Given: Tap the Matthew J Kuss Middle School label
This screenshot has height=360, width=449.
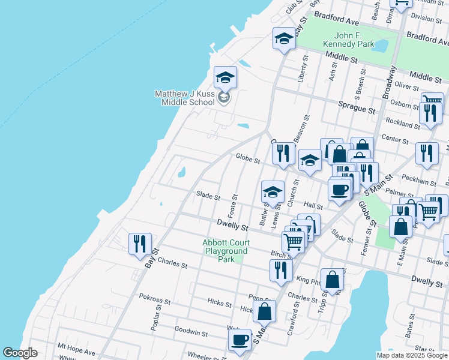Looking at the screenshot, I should (x=184, y=98).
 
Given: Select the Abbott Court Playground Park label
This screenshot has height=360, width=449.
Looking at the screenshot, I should (x=225, y=251).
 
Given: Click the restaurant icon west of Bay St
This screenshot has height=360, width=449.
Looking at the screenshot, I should (x=140, y=244).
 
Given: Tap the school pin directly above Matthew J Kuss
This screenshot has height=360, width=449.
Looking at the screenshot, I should (x=225, y=78).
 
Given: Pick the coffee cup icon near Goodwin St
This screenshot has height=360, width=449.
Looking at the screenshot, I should (x=240, y=340).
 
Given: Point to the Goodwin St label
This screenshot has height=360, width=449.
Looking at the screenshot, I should (x=191, y=331).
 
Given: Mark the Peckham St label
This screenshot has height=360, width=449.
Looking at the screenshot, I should (x=420, y=181).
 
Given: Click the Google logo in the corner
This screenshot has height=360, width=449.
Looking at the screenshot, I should (x=20, y=352).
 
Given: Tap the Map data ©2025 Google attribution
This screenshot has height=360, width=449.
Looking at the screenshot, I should (x=412, y=355).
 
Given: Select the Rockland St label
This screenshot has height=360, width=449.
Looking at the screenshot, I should (x=403, y=124).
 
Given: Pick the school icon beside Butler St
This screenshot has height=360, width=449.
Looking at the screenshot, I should (x=273, y=193).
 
